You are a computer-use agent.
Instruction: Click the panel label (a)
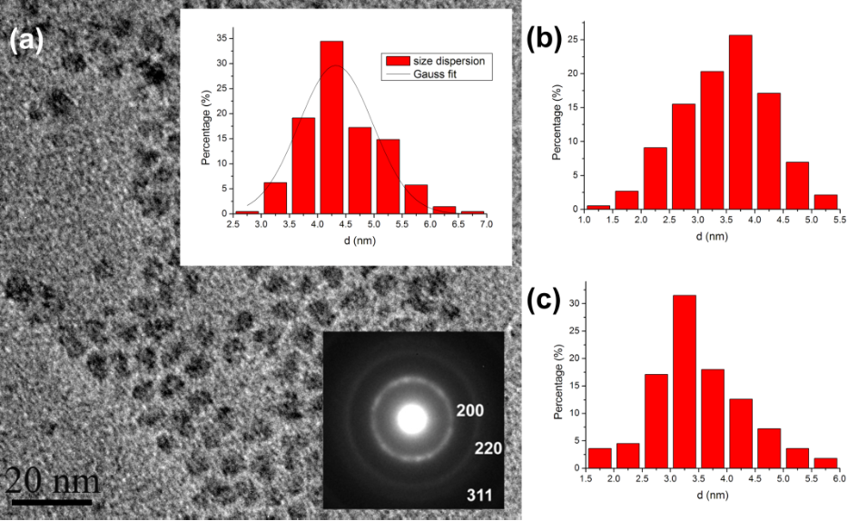[x=26, y=39]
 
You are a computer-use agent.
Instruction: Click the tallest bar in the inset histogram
[x=331, y=127]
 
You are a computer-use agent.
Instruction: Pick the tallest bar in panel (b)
[x=740, y=122]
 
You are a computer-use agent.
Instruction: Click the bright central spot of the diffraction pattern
[x=411, y=419]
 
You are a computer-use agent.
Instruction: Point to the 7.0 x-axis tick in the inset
[x=486, y=223]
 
